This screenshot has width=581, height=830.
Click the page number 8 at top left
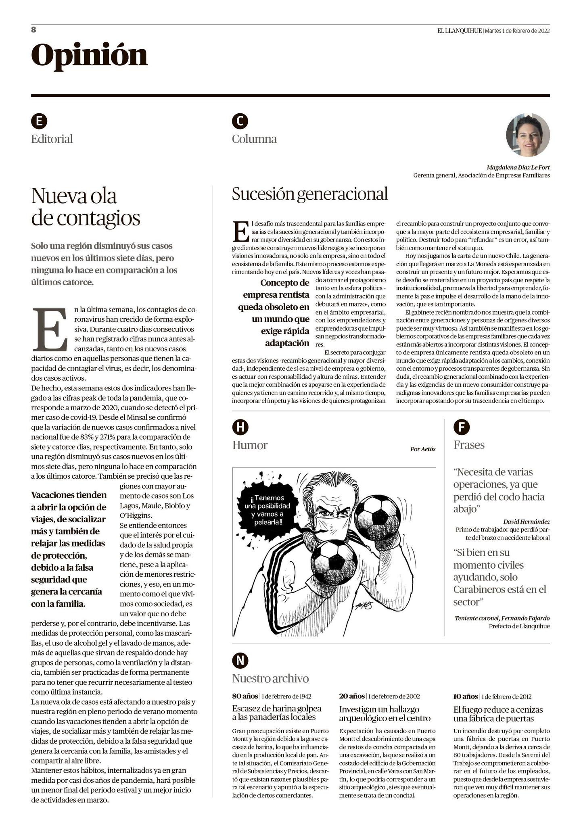click(x=34, y=29)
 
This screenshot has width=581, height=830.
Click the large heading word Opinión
click(x=90, y=56)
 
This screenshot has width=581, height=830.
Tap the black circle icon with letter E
click(x=39, y=121)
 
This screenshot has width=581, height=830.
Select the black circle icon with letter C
click(x=240, y=121)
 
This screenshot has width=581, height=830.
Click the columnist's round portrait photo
click(x=528, y=135)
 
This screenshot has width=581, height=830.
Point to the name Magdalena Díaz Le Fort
click(x=518, y=167)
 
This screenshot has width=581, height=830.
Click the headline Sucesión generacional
click(x=309, y=194)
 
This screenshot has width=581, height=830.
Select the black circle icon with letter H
click(x=240, y=427)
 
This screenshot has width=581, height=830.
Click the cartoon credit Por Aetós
click(x=422, y=449)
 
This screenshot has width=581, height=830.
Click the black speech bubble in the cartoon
click(x=267, y=506)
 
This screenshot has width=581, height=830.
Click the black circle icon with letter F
click(x=461, y=427)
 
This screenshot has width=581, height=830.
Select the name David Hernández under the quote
click(x=526, y=522)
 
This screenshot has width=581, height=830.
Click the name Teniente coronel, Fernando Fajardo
click(x=502, y=618)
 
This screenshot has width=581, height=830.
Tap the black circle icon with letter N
click(x=240, y=660)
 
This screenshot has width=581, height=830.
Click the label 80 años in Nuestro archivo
click(x=245, y=696)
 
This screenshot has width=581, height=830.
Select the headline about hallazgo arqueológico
click(x=385, y=713)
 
